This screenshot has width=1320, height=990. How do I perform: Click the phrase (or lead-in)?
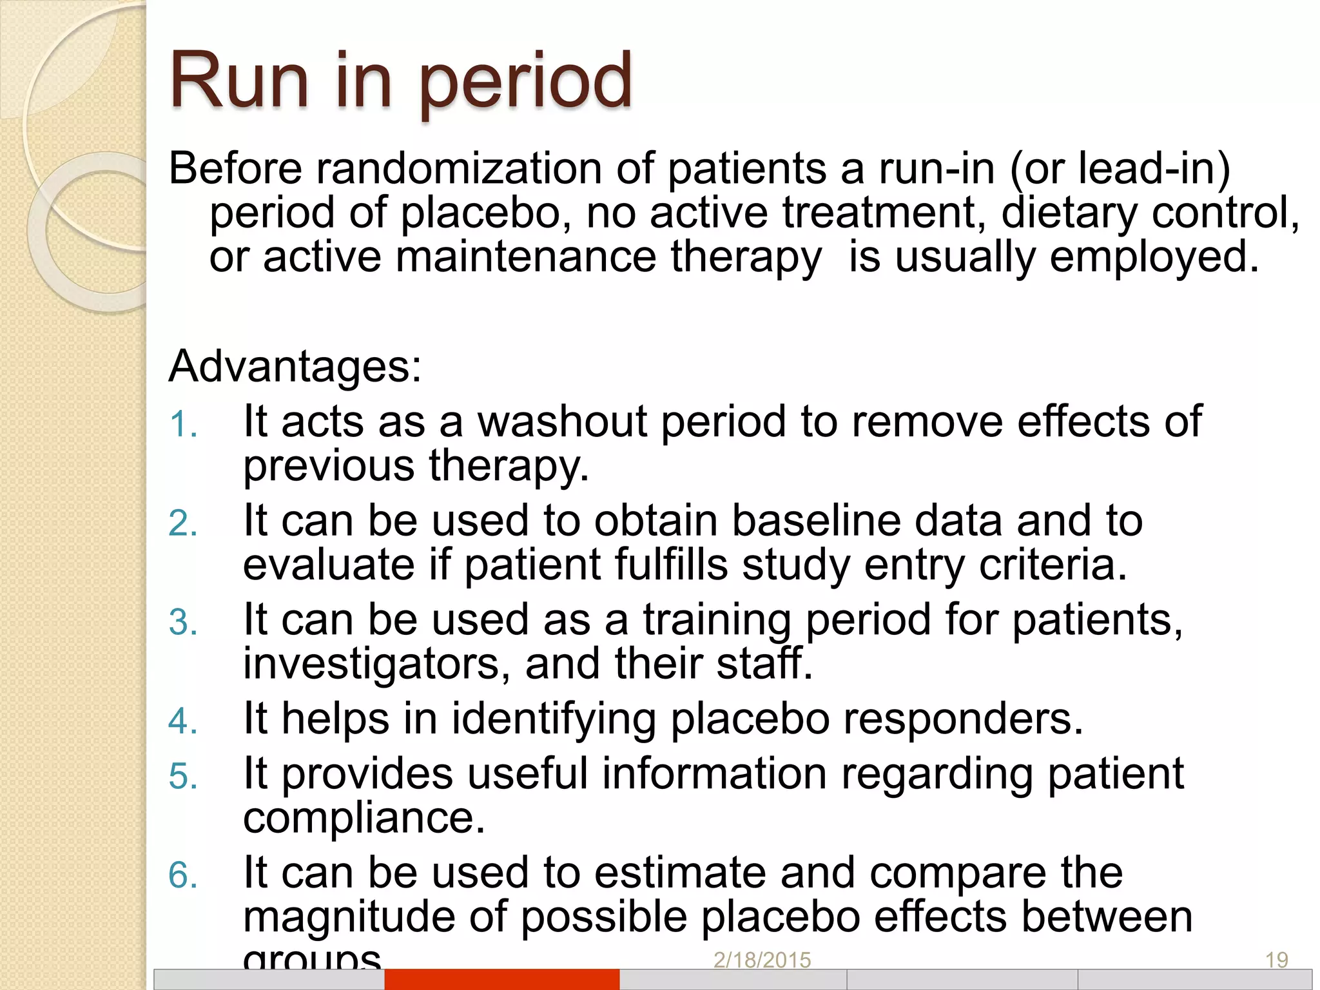[1120, 169]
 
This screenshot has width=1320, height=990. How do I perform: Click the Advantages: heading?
[295, 366]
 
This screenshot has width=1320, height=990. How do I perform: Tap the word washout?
[561, 422]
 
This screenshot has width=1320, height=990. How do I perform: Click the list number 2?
[182, 523]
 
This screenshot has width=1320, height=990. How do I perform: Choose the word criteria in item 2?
[1053, 565]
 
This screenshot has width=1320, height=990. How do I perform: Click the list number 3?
[182, 623]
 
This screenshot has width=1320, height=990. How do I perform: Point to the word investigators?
[371, 664]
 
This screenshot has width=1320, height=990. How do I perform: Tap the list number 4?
[182, 721]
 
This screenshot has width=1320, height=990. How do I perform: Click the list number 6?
[182, 876]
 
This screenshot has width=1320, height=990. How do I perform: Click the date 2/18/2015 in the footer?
[762, 960]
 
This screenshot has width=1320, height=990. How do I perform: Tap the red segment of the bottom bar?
[501, 979]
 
